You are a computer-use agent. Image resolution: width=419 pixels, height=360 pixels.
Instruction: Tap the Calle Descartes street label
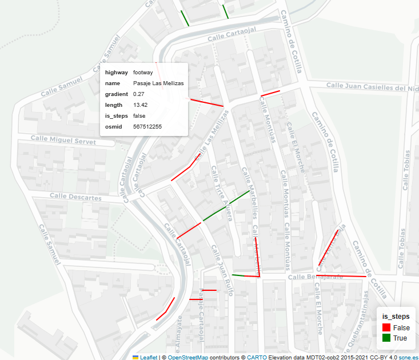(x=75, y=197)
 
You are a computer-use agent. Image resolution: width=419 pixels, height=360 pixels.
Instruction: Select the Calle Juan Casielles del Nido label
(x=372, y=87)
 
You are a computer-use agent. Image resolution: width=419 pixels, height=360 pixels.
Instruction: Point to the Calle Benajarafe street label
(x=315, y=277)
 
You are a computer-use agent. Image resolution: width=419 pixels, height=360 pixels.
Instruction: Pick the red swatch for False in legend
(x=386, y=327)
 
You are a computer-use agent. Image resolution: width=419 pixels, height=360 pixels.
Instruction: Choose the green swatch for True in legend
(x=386, y=338)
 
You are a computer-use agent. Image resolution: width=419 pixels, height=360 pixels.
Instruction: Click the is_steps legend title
(x=396, y=316)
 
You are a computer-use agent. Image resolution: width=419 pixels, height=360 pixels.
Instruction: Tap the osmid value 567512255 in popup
(x=147, y=126)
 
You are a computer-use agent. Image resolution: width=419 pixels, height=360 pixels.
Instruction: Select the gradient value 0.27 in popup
(x=138, y=94)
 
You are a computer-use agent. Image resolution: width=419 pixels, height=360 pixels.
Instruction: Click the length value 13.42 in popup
(x=140, y=105)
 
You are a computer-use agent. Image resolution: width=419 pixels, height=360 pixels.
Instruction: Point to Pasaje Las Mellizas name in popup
(x=158, y=83)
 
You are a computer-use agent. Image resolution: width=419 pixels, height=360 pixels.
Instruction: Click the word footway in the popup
(x=143, y=73)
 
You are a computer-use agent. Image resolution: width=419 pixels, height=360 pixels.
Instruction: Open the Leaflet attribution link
(x=149, y=357)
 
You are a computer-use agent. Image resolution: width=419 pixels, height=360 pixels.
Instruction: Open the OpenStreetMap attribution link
(x=187, y=357)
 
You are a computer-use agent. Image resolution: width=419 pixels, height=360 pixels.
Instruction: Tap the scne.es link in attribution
(x=408, y=357)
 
